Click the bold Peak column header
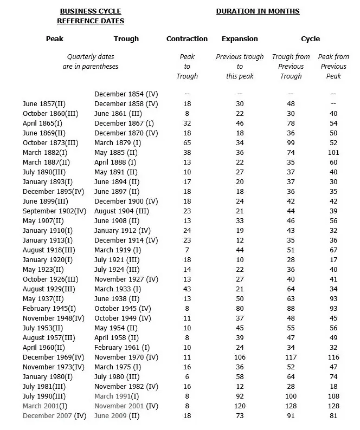coord(55,39)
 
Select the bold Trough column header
coord(126,39)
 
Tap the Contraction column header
coord(187,39)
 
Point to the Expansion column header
coord(240,39)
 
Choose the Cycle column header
coord(311,39)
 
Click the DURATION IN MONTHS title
coord(258,11)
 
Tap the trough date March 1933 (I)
coord(118,289)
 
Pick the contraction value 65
coord(187,142)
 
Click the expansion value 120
coord(240,406)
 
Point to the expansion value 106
coord(240,357)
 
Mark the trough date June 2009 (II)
coord(117,415)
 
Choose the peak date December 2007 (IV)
coord(55,415)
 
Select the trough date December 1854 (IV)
coord(126,94)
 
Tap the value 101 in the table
coord(333,152)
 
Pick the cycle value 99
coord(291,142)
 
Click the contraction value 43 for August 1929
coord(187,289)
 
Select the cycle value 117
coord(291,357)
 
